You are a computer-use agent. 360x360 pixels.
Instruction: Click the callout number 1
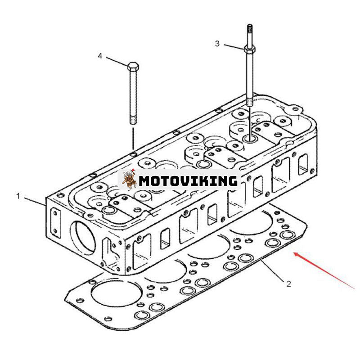point(18,196)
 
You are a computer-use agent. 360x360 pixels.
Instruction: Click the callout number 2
point(288,284)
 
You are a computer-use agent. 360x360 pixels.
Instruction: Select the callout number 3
point(217,43)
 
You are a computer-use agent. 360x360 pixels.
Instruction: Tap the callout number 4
point(100,56)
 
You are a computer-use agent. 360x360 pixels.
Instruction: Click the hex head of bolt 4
point(133,66)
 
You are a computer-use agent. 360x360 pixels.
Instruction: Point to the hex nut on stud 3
point(250,49)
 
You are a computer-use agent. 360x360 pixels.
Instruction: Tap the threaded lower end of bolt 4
point(133,120)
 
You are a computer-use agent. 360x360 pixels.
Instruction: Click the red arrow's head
point(297,254)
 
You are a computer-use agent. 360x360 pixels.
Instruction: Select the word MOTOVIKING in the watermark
point(188,181)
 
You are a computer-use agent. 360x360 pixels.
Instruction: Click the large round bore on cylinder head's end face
point(82,238)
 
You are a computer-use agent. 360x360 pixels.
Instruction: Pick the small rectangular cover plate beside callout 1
point(55,222)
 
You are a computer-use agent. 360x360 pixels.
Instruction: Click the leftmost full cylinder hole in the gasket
point(114,294)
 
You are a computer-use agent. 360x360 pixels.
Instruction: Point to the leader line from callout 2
point(273,270)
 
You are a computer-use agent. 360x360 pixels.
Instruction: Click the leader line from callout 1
point(35,201)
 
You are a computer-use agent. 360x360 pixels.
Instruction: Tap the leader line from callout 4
point(117,61)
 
